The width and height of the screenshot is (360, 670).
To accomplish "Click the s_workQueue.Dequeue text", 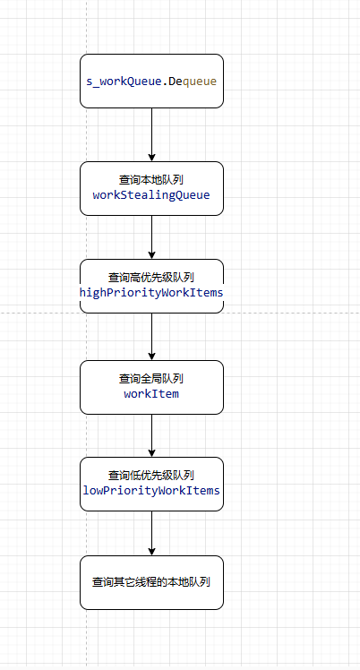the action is point(151,82).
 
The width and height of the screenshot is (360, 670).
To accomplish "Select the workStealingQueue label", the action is point(151,195).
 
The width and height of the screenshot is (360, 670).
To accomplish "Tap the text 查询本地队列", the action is point(151,180).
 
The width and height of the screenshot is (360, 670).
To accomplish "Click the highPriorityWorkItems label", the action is point(151,293).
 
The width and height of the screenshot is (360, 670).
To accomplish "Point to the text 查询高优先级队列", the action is point(151,278).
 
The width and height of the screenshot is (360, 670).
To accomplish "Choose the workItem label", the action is point(151,393).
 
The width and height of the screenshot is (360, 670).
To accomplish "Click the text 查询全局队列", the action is point(151,379).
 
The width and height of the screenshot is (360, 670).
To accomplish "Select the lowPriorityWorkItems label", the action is point(151,490).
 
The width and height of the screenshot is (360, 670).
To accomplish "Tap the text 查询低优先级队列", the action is point(151,475).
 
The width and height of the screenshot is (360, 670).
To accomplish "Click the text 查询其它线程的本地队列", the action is point(151,582).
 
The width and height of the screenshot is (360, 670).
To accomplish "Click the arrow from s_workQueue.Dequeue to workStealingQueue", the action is point(151,134).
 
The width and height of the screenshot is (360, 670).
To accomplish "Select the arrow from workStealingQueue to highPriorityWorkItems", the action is point(151,237).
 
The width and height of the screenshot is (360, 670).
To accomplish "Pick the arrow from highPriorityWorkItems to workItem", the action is point(151,337).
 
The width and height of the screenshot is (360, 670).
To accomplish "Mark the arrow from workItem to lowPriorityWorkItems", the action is point(151,436).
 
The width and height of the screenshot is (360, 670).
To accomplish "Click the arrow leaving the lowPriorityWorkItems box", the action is point(151,533).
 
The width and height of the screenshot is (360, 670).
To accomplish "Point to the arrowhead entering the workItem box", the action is point(151,356).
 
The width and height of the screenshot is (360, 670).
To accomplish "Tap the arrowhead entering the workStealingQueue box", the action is point(151,158).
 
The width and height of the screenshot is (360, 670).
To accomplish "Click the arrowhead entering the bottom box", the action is point(151,552).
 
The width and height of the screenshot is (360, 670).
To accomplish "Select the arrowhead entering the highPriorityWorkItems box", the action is point(151,255).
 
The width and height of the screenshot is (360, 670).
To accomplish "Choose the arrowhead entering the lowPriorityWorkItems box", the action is point(151,453).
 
